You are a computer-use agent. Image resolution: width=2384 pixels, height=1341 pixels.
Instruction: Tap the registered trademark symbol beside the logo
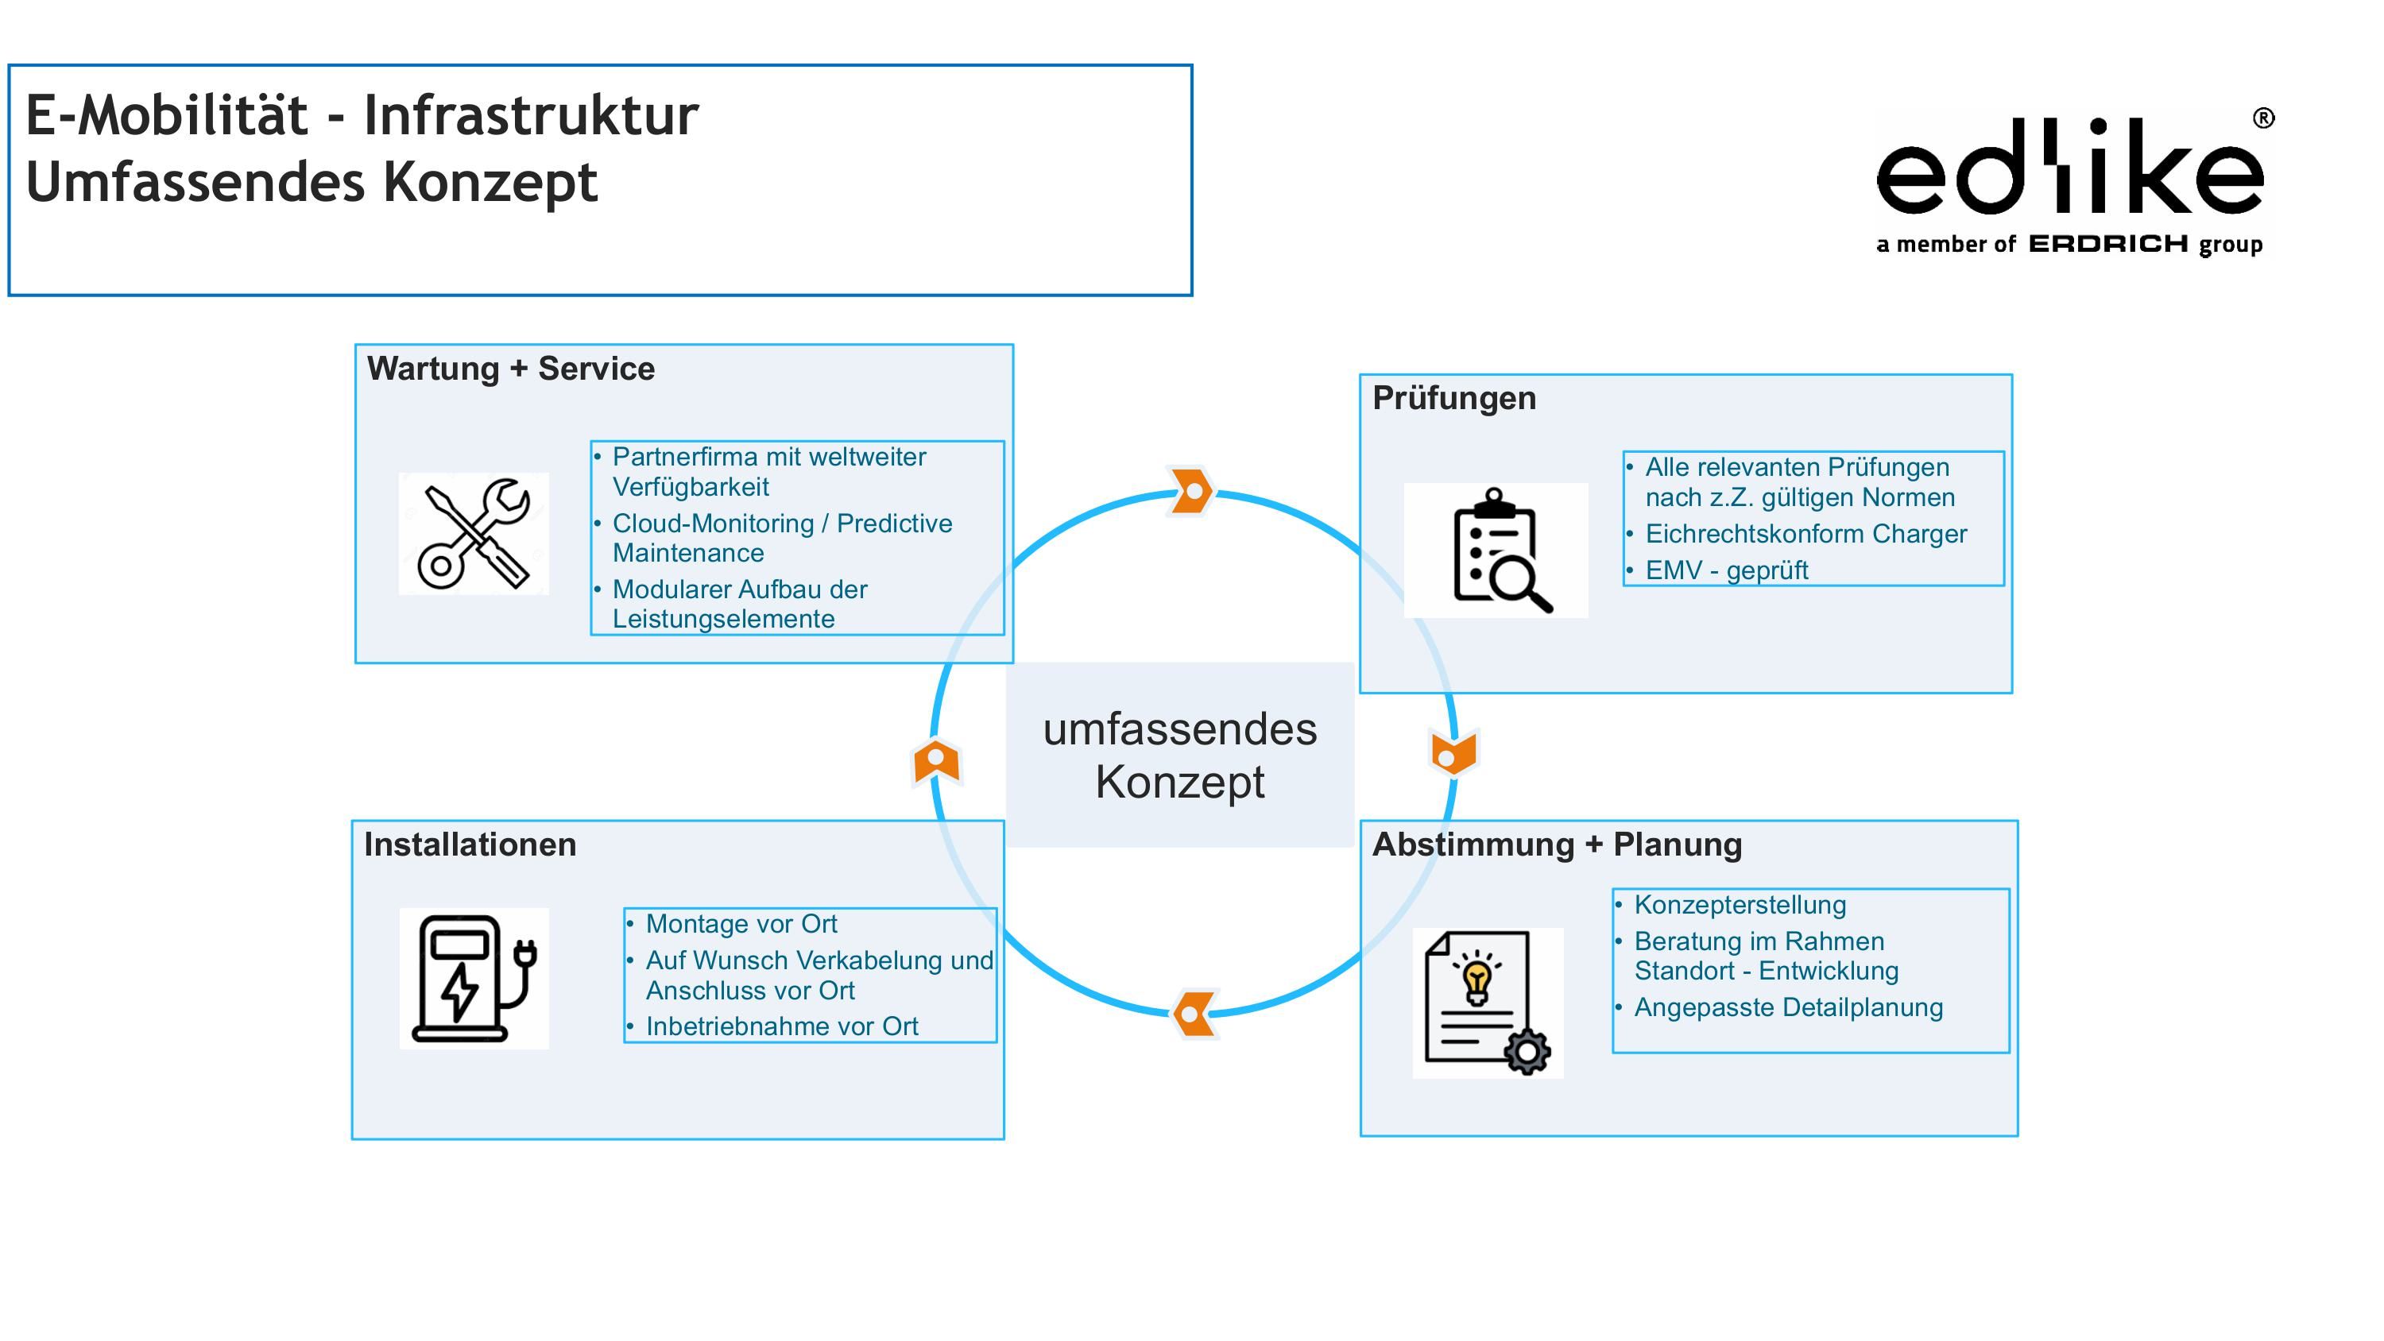pyautogui.click(x=2262, y=118)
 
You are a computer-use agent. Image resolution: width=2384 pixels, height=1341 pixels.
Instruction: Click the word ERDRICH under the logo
pyautogui.click(x=2108, y=245)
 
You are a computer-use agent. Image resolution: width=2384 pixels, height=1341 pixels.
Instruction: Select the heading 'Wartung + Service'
pyautogui.click(x=511, y=369)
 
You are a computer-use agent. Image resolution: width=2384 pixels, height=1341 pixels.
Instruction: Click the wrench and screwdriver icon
pyautogui.click(x=474, y=534)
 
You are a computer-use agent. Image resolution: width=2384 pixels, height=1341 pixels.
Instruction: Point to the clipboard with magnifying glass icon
pyautogui.click(x=1496, y=551)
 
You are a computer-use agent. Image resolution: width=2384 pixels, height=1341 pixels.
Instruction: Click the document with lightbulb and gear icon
pyautogui.click(x=1488, y=1003)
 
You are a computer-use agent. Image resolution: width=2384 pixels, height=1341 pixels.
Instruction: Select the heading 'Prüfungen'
pyautogui.click(x=1454, y=398)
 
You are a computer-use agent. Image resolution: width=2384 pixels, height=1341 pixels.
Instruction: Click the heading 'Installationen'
pyautogui.click(x=470, y=844)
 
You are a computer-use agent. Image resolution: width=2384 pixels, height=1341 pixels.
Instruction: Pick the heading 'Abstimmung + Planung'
pyautogui.click(x=1557, y=844)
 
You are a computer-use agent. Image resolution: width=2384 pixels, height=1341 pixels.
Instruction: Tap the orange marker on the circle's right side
pyautogui.click(x=1453, y=752)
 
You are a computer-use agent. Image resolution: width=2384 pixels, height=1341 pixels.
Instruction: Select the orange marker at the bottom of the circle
pyautogui.click(x=1194, y=1014)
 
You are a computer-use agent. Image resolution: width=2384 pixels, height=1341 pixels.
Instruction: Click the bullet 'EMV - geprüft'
pyautogui.click(x=1725, y=570)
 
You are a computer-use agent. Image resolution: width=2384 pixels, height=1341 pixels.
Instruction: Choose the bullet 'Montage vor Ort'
pyautogui.click(x=741, y=924)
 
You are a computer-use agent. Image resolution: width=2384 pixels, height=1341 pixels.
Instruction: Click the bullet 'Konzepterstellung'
pyautogui.click(x=1739, y=904)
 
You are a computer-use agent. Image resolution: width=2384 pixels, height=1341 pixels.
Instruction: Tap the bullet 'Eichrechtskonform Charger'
pyautogui.click(x=1805, y=534)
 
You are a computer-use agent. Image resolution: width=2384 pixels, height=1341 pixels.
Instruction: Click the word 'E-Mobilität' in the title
pyautogui.click(x=167, y=116)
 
